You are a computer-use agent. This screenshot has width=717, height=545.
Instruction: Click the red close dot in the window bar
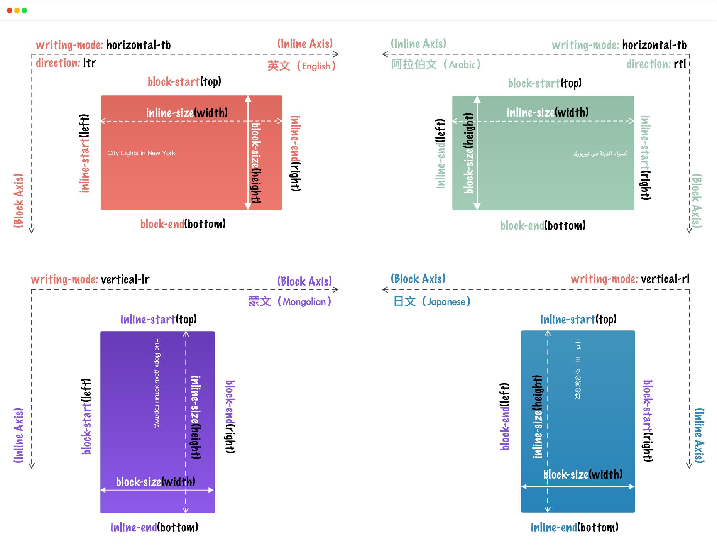click(x=10, y=10)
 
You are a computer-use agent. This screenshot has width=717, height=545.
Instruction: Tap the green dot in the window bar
click(x=24, y=10)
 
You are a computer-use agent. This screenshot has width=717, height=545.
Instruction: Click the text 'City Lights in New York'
click(x=141, y=153)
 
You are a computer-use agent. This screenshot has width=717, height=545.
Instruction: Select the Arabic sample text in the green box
click(x=600, y=154)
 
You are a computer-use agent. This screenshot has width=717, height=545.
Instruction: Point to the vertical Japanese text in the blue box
click(x=578, y=369)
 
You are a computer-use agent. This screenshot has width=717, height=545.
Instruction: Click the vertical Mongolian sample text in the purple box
click(x=157, y=383)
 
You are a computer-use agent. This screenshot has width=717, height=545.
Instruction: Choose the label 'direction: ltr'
click(x=66, y=63)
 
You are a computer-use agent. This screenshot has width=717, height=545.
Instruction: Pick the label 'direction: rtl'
click(x=656, y=64)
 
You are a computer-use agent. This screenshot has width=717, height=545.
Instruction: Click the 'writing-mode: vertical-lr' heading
click(x=90, y=279)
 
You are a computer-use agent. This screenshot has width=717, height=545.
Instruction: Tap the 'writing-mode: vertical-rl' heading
click(x=630, y=279)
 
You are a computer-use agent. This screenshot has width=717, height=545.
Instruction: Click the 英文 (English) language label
click(x=302, y=66)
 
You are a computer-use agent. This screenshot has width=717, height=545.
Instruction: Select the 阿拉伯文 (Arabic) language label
click(x=436, y=64)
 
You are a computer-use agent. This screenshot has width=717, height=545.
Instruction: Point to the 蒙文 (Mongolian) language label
click(x=290, y=301)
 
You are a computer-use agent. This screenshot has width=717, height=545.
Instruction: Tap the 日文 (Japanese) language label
click(x=432, y=301)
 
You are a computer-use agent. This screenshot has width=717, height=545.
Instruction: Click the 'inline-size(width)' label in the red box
click(x=187, y=113)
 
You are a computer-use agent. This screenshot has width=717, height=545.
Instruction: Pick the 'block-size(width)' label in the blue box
click(x=583, y=474)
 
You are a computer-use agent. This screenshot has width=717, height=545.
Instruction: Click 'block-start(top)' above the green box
click(x=545, y=83)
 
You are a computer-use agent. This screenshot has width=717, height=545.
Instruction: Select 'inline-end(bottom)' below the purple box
click(x=154, y=527)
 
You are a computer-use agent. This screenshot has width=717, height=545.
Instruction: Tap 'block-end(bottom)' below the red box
click(x=183, y=224)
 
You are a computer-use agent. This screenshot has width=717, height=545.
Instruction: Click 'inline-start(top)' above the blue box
click(x=578, y=319)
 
